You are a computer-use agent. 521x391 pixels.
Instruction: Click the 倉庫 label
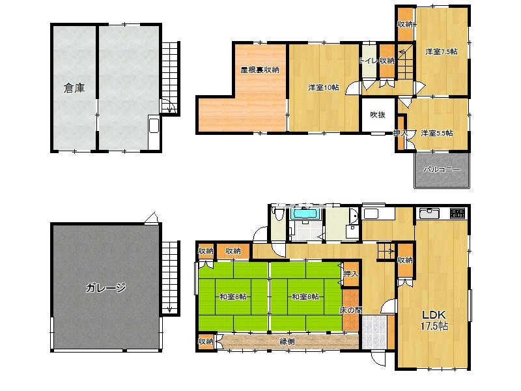pos(74,88)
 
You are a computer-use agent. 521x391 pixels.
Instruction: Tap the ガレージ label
pos(106,287)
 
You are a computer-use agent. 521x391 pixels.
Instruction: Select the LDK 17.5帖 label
pos(434,320)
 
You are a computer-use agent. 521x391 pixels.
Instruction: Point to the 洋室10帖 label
pos(324,87)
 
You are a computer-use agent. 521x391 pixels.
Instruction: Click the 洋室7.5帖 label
pos(442,51)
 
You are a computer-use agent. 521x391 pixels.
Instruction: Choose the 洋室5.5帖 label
pos(436,133)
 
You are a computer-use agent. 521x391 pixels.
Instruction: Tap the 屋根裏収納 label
pos(260,70)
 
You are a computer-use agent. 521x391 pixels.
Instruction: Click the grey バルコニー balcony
pos(442,170)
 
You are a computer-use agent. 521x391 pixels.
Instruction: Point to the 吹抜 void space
pos(378,115)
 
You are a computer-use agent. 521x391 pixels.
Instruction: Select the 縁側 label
pos(287,341)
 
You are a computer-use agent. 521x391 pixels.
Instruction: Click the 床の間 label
pos(350,311)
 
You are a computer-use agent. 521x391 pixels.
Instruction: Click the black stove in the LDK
pos(458,214)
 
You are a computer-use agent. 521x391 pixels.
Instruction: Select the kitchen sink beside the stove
pos(429,214)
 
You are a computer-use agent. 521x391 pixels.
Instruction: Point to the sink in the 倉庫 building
pos(154,125)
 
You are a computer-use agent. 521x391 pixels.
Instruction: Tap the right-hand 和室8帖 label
pos(305,297)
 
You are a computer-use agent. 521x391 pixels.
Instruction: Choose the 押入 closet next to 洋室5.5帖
pos(401,133)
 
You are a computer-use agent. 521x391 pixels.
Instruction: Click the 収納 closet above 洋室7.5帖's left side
pos(405,24)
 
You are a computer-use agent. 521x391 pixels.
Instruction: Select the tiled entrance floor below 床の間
pos(374,332)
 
